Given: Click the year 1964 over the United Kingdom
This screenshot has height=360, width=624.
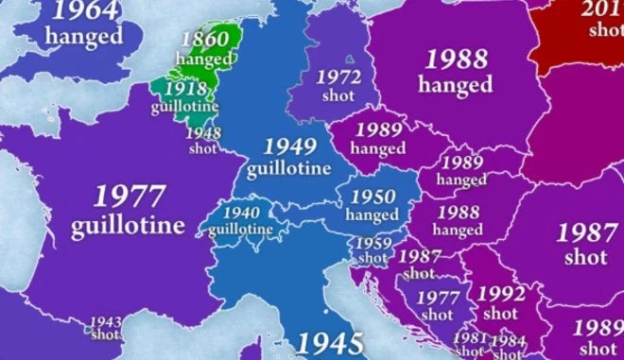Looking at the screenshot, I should click(x=85, y=11).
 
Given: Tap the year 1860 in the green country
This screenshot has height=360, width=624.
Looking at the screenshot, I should click(x=204, y=41).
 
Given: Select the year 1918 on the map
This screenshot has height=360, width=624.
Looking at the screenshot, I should click(x=185, y=88).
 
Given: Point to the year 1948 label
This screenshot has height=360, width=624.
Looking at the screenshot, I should click(x=203, y=133).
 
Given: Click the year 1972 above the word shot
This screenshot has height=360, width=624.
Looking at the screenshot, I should click(x=338, y=77).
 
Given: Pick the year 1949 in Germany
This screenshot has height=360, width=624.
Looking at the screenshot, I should click(x=289, y=146).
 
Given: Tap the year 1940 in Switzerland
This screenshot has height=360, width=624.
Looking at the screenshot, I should click(x=240, y=213).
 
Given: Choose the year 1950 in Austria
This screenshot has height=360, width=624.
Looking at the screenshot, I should click(x=373, y=197).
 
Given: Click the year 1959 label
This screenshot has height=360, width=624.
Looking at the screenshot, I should click(x=373, y=243).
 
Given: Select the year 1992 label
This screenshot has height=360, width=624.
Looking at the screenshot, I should click(x=500, y=293).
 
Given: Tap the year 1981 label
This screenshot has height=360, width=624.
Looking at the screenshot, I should click(x=470, y=338).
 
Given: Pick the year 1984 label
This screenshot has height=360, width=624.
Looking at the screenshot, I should click(x=508, y=340).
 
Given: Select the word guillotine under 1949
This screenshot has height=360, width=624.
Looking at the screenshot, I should click(x=289, y=169).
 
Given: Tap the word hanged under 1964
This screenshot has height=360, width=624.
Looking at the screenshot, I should click(x=85, y=37).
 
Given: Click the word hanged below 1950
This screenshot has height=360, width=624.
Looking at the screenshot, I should click(x=373, y=215).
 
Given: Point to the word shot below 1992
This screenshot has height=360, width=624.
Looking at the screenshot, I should click(x=500, y=313).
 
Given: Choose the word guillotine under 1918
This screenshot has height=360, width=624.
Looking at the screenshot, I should click(x=185, y=106).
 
